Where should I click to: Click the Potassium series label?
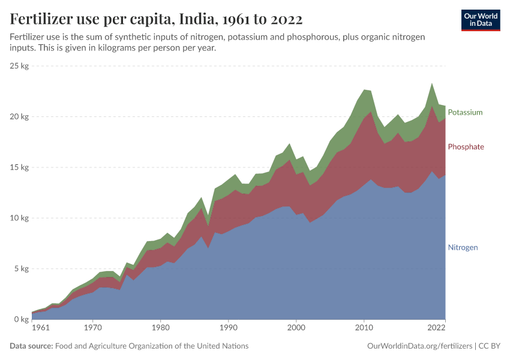[x=465, y=112]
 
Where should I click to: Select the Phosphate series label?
[x=466, y=147]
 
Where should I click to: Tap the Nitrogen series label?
[x=463, y=247]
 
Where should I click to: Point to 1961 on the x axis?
[x=40, y=328]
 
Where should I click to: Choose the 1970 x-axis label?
[x=92, y=328]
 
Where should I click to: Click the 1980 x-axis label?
[x=160, y=328]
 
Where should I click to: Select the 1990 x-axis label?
[x=228, y=328]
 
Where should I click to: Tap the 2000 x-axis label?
[x=296, y=328]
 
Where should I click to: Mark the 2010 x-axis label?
[x=364, y=328]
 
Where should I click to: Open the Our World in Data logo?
[x=481, y=20]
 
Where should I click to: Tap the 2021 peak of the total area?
[x=431, y=83]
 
